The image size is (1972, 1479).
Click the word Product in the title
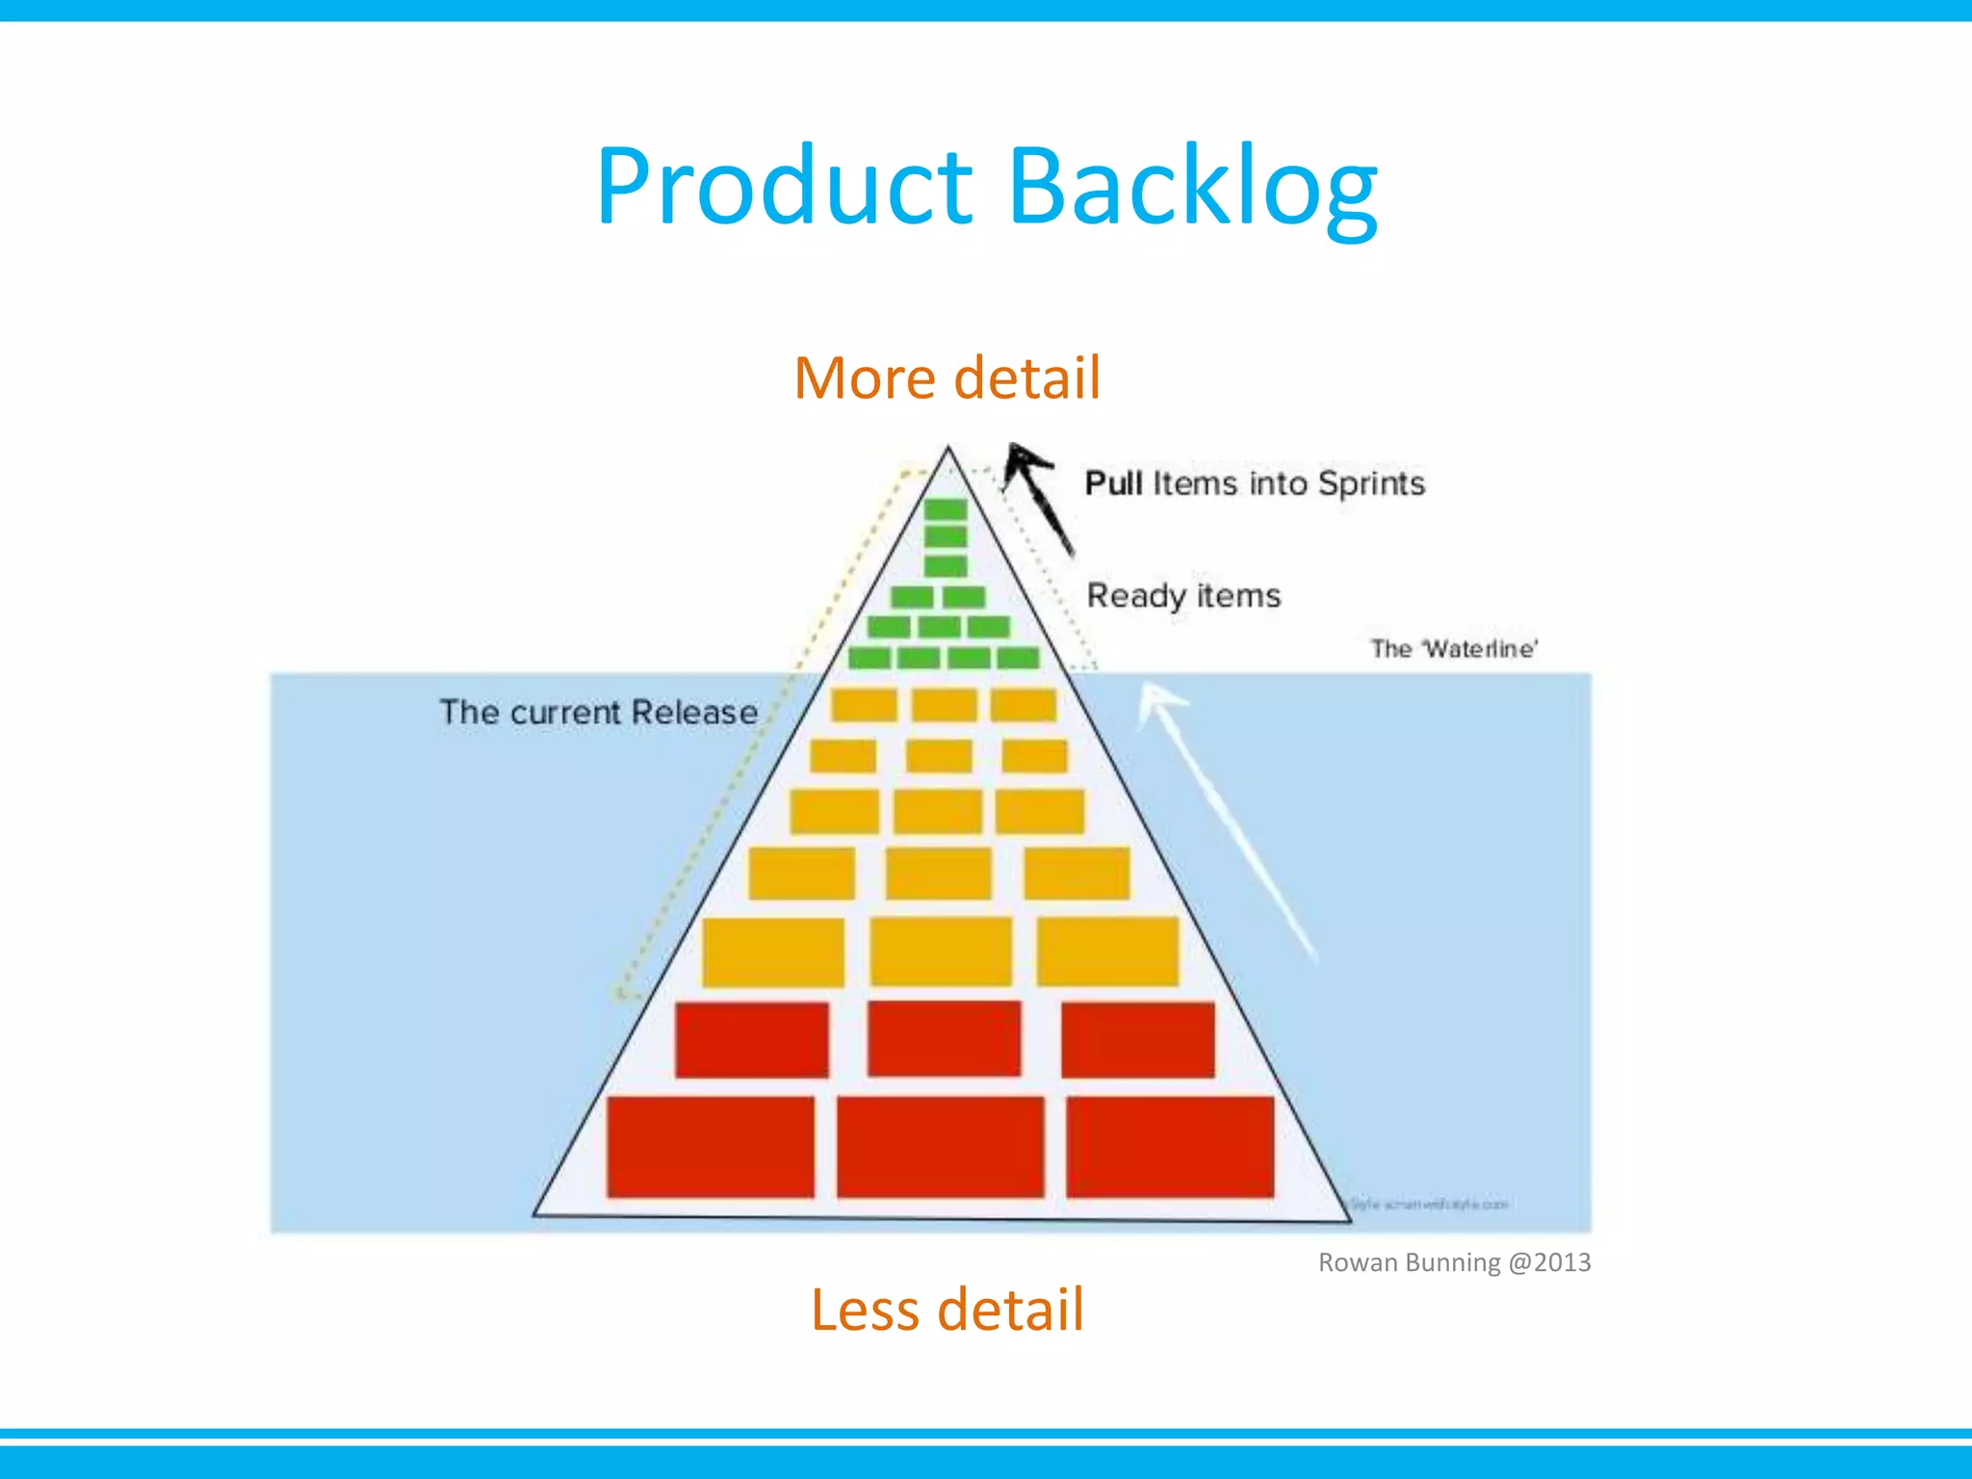(785, 188)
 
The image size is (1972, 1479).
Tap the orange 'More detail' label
(947, 377)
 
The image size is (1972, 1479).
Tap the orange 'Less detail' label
(947, 1310)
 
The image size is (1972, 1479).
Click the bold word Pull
(1113, 483)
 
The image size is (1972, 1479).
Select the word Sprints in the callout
(1371, 483)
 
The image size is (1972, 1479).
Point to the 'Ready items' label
(1183, 595)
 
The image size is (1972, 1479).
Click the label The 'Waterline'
(1454, 649)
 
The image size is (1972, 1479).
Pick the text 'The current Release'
(599, 713)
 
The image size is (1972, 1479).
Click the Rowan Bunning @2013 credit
(1454, 1262)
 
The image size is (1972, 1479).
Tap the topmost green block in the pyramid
(946, 509)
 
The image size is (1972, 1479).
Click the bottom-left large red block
(711, 1147)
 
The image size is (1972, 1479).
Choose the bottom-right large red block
(1170, 1147)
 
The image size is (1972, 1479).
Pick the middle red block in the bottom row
(941, 1147)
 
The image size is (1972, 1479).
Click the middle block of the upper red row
(944, 1038)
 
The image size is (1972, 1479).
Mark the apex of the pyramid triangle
(948, 448)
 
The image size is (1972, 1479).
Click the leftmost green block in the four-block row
(869, 659)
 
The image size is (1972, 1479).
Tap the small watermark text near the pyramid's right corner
(1429, 1205)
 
